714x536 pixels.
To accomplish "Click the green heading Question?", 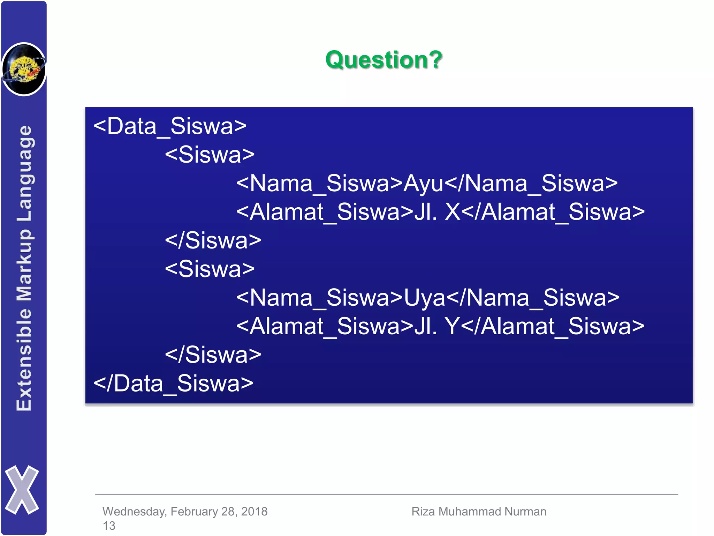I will point(384,60).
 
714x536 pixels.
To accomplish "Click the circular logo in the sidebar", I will point(24,69).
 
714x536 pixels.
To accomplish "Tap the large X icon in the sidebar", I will point(22,490).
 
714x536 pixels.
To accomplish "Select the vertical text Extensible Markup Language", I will point(24,268).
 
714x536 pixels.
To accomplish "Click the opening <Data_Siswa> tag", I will point(170,126).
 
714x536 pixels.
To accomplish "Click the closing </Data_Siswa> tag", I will point(173,383).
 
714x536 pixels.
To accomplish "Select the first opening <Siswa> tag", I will point(210,155).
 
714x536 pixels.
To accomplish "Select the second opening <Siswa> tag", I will point(210,269).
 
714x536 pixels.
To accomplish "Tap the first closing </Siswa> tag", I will point(213,240).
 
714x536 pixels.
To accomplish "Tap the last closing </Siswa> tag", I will point(213,355).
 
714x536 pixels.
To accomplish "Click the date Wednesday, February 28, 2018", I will point(185,511).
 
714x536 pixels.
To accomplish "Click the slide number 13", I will point(109,526).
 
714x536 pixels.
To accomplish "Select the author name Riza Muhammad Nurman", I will point(479,511).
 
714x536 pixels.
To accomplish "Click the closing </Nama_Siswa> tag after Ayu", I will point(531,183).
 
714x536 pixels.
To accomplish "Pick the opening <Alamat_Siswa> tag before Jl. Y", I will point(325,326).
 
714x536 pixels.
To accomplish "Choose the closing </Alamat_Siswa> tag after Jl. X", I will point(554,212).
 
